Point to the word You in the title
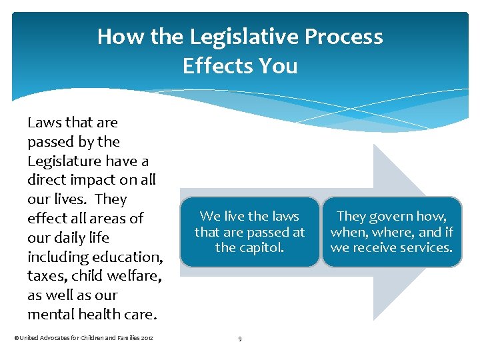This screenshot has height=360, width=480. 280,66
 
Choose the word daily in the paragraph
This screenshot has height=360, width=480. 67,238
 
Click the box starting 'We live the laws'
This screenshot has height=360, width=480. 249,232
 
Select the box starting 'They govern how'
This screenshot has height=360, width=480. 391,232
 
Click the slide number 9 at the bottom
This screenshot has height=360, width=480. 239,339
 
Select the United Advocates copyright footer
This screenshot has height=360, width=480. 83,339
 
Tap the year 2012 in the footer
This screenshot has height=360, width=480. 147,339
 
